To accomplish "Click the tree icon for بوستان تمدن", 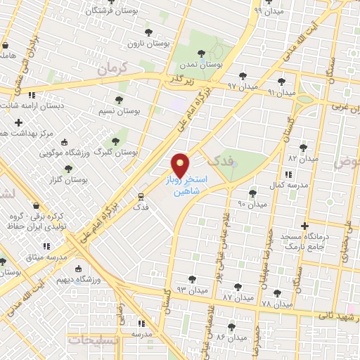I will tap(202, 53).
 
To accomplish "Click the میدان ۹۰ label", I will tap(252, 204).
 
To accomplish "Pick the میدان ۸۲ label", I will tap(303, 159).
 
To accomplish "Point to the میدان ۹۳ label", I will tap(192, 290).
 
